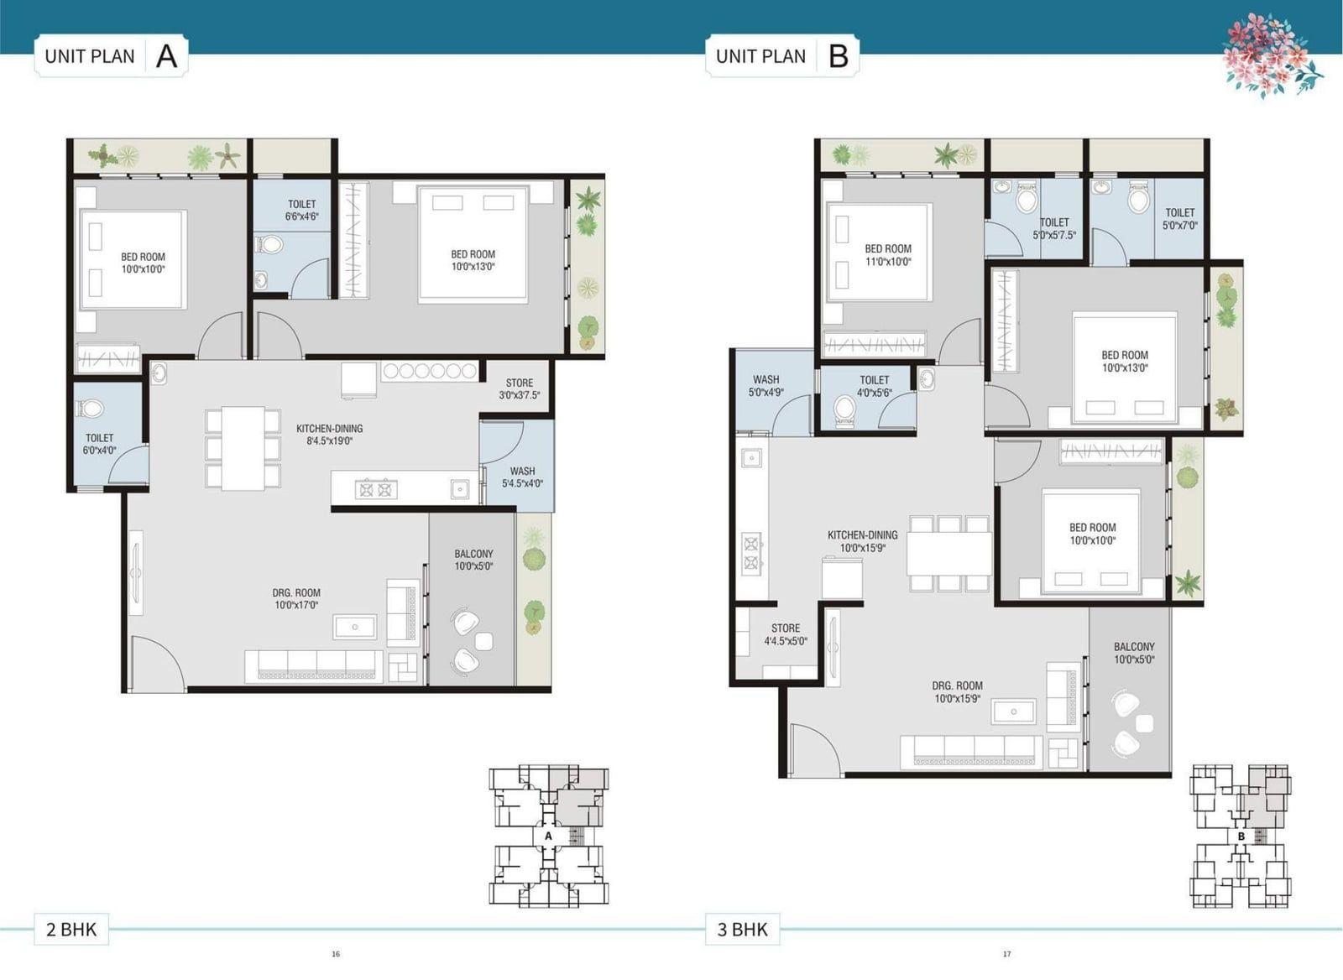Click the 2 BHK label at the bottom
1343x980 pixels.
tap(71, 929)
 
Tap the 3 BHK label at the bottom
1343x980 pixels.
tap(742, 929)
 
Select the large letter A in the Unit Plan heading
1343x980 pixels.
tap(167, 56)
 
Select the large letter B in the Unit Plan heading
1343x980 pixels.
tap(839, 56)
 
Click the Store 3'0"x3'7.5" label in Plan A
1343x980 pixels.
tap(520, 389)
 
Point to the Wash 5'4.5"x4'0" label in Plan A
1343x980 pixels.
tap(522, 477)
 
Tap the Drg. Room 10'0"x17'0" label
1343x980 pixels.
tap(296, 599)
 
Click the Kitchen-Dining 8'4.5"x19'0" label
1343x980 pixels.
tap(329, 435)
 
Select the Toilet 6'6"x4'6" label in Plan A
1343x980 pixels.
tap(301, 211)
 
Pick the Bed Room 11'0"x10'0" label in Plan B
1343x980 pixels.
tap(888, 255)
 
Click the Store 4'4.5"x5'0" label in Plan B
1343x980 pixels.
tap(786, 634)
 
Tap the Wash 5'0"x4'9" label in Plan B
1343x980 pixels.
tap(766, 386)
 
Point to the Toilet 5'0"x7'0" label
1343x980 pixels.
tap(1180, 219)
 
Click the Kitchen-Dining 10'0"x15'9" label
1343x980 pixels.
tap(862, 541)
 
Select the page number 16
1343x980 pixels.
tap(336, 954)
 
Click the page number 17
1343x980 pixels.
tap(1006, 954)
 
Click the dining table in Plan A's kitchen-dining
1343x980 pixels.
tap(243, 448)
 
